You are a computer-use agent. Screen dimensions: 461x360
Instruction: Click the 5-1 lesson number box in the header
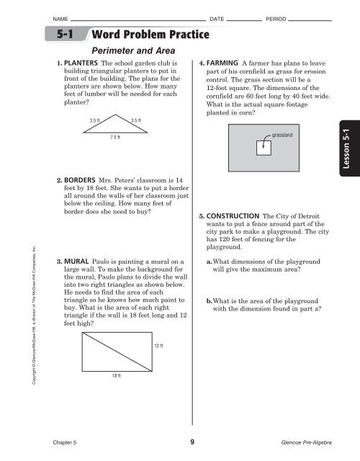(66, 35)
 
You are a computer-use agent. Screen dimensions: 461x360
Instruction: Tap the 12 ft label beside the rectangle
(160, 346)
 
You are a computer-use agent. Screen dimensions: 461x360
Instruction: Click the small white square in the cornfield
(263, 148)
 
